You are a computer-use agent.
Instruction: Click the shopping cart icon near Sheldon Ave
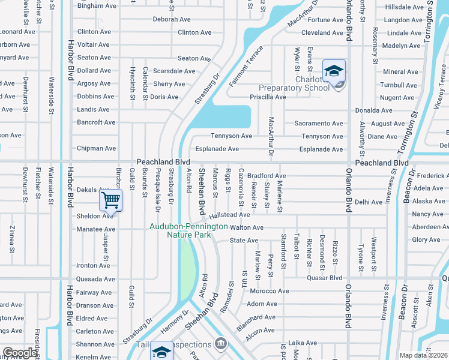[112, 200]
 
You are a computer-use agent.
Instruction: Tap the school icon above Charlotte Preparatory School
[333, 71]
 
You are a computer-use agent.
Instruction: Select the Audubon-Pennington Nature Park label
[188, 230]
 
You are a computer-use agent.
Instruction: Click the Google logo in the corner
[20, 353]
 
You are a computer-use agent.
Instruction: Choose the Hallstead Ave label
[229, 214]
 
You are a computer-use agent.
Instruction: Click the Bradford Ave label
[267, 176]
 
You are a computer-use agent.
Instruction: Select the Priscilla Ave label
[268, 97]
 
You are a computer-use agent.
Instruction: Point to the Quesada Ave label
[94, 278]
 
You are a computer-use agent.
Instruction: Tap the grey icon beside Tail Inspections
[221, 344]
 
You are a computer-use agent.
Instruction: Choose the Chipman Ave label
[96, 148]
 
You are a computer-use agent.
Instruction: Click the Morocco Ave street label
[270, 291]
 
